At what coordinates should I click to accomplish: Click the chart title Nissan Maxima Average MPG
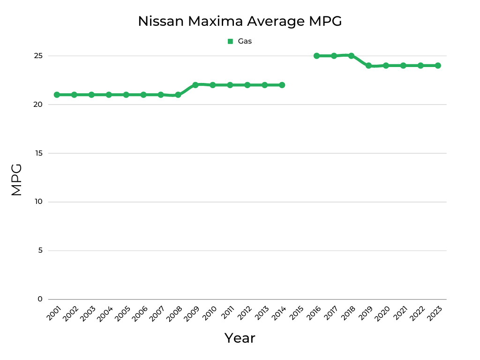click(x=240, y=21)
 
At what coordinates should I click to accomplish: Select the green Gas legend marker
click(x=230, y=41)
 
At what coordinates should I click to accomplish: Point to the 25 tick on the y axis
click(x=38, y=56)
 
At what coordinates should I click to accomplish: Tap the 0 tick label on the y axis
click(x=40, y=299)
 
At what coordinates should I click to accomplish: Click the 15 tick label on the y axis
click(x=38, y=153)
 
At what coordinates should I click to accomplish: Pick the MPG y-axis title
click(x=16, y=180)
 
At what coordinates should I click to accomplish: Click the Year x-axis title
click(x=240, y=338)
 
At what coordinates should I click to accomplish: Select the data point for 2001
click(x=57, y=95)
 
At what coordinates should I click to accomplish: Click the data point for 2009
click(x=195, y=85)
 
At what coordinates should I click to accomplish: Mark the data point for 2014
click(x=282, y=85)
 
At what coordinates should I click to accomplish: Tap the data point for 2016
click(x=316, y=56)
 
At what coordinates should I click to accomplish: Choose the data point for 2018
click(x=351, y=56)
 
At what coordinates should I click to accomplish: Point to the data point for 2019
click(x=368, y=66)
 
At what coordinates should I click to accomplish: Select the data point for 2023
click(x=438, y=66)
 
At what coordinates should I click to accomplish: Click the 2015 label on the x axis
click(x=296, y=313)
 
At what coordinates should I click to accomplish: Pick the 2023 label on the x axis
click(x=435, y=313)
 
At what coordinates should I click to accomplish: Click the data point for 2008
click(x=178, y=95)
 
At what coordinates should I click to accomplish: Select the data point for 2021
click(x=403, y=66)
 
